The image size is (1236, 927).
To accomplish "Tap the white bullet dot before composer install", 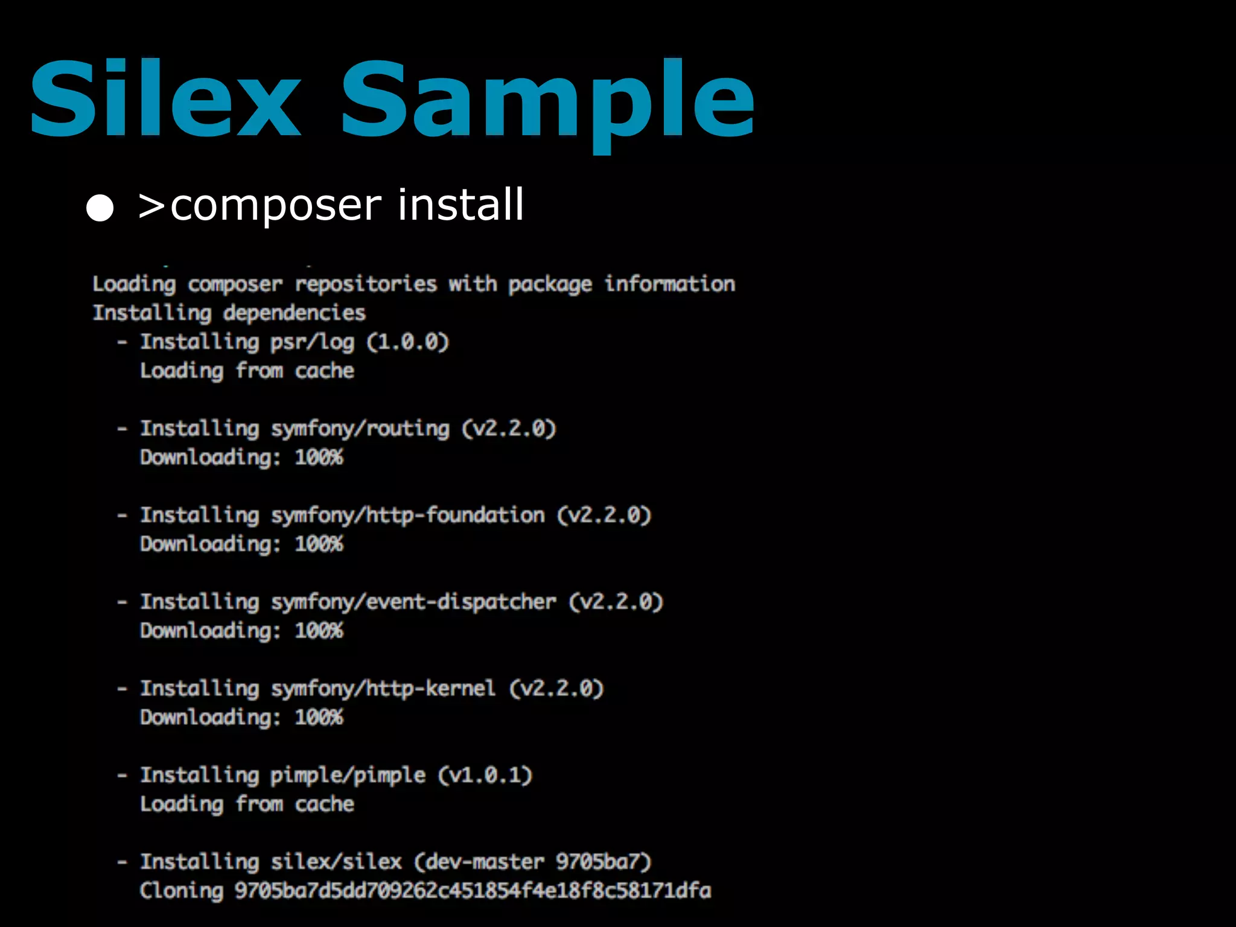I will point(100,208).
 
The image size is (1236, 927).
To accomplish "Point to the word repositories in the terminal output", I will point(366,284).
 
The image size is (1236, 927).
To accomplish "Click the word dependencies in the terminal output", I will point(294,313).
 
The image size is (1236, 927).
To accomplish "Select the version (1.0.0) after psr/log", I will point(408,342).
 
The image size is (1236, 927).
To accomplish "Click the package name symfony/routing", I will point(360,429).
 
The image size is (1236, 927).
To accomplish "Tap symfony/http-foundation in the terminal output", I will point(407,515).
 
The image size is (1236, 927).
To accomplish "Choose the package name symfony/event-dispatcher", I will point(413,602).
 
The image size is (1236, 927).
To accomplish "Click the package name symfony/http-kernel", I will point(383,689).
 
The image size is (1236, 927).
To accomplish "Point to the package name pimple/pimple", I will point(348,776).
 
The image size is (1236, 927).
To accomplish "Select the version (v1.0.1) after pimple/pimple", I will point(485,775).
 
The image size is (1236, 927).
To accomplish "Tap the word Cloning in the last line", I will point(182,891).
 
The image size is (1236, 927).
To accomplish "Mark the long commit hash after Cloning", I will point(473,891).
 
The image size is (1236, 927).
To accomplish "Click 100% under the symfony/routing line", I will point(319,457).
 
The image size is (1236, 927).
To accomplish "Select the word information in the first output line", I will point(670,284).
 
